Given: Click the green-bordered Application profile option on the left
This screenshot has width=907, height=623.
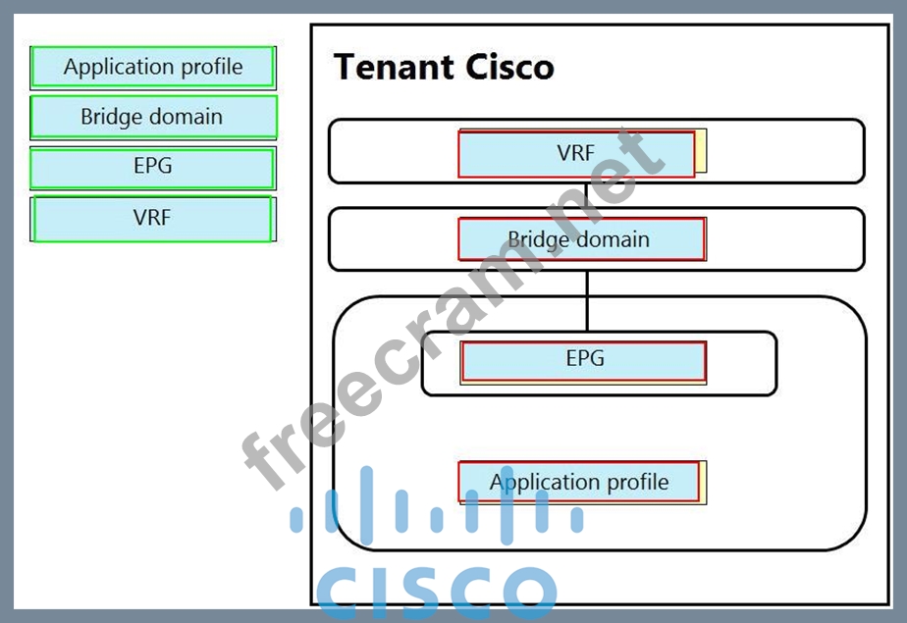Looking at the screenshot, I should pyautogui.click(x=152, y=67).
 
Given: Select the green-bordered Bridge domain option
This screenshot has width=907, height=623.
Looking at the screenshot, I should pyautogui.click(x=152, y=117).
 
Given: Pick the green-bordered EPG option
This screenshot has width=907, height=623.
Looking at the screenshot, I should pyautogui.click(x=152, y=167).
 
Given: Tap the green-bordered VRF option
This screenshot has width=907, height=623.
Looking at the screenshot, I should pyautogui.click(x=152, y=218).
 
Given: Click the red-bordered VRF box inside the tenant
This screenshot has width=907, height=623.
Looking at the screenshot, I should pyautogui.click(x=576, y=153).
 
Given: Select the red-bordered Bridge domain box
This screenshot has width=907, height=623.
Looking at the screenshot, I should pyautogui.click(x=581, y=239).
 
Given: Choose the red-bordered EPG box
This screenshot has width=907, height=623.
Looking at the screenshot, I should pyautogui.click(x=583, y=360).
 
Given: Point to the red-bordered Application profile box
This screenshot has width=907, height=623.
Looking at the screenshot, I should pyautogui.click(x=579, y=482).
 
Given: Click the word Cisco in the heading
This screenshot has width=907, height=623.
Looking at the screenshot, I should pyautogui.click(x=509, y=67).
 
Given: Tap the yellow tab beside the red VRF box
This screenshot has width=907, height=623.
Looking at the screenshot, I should pyautogui.click(x=701, y=152).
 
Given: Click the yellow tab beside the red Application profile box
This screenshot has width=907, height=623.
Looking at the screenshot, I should pyautogui.click(x=703, y=482).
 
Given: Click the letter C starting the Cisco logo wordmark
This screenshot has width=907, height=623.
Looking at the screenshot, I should pyautogui.click(x=342, y=592).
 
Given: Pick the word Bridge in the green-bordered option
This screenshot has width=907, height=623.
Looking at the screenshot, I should pyautogui.click(x=111, y=117).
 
